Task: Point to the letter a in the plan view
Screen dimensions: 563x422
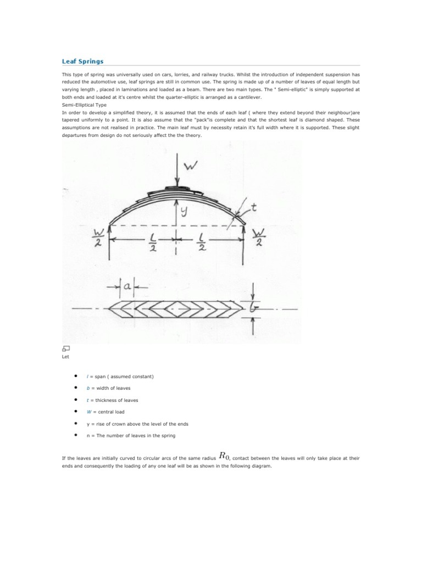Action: [127, 286]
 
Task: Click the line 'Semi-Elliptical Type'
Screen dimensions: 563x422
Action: [84, 104]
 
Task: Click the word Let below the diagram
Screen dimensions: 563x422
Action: [65, 356]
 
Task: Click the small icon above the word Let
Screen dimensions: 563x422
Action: [65, 348]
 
